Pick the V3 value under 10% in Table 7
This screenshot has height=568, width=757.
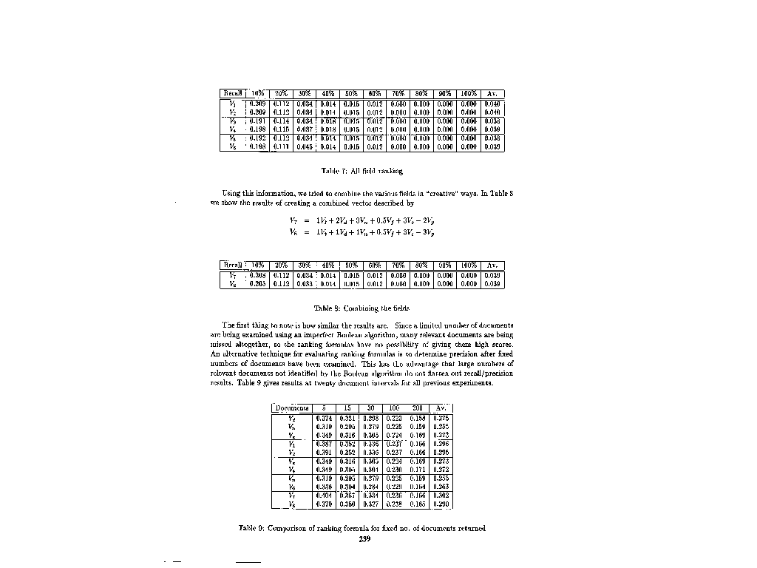pos(257,120)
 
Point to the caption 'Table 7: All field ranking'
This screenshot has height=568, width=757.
pos(362,171)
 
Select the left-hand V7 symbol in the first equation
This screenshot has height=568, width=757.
pos(293,220)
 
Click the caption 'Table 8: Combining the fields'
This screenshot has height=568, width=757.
pos(361,308)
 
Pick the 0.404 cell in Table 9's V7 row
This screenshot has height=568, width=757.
pos(324,496)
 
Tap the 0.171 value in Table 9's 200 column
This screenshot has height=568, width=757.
pos(418,469)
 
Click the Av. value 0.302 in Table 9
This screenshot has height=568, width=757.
pos(441,496)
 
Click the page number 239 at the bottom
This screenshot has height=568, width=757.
pos(364,539)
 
